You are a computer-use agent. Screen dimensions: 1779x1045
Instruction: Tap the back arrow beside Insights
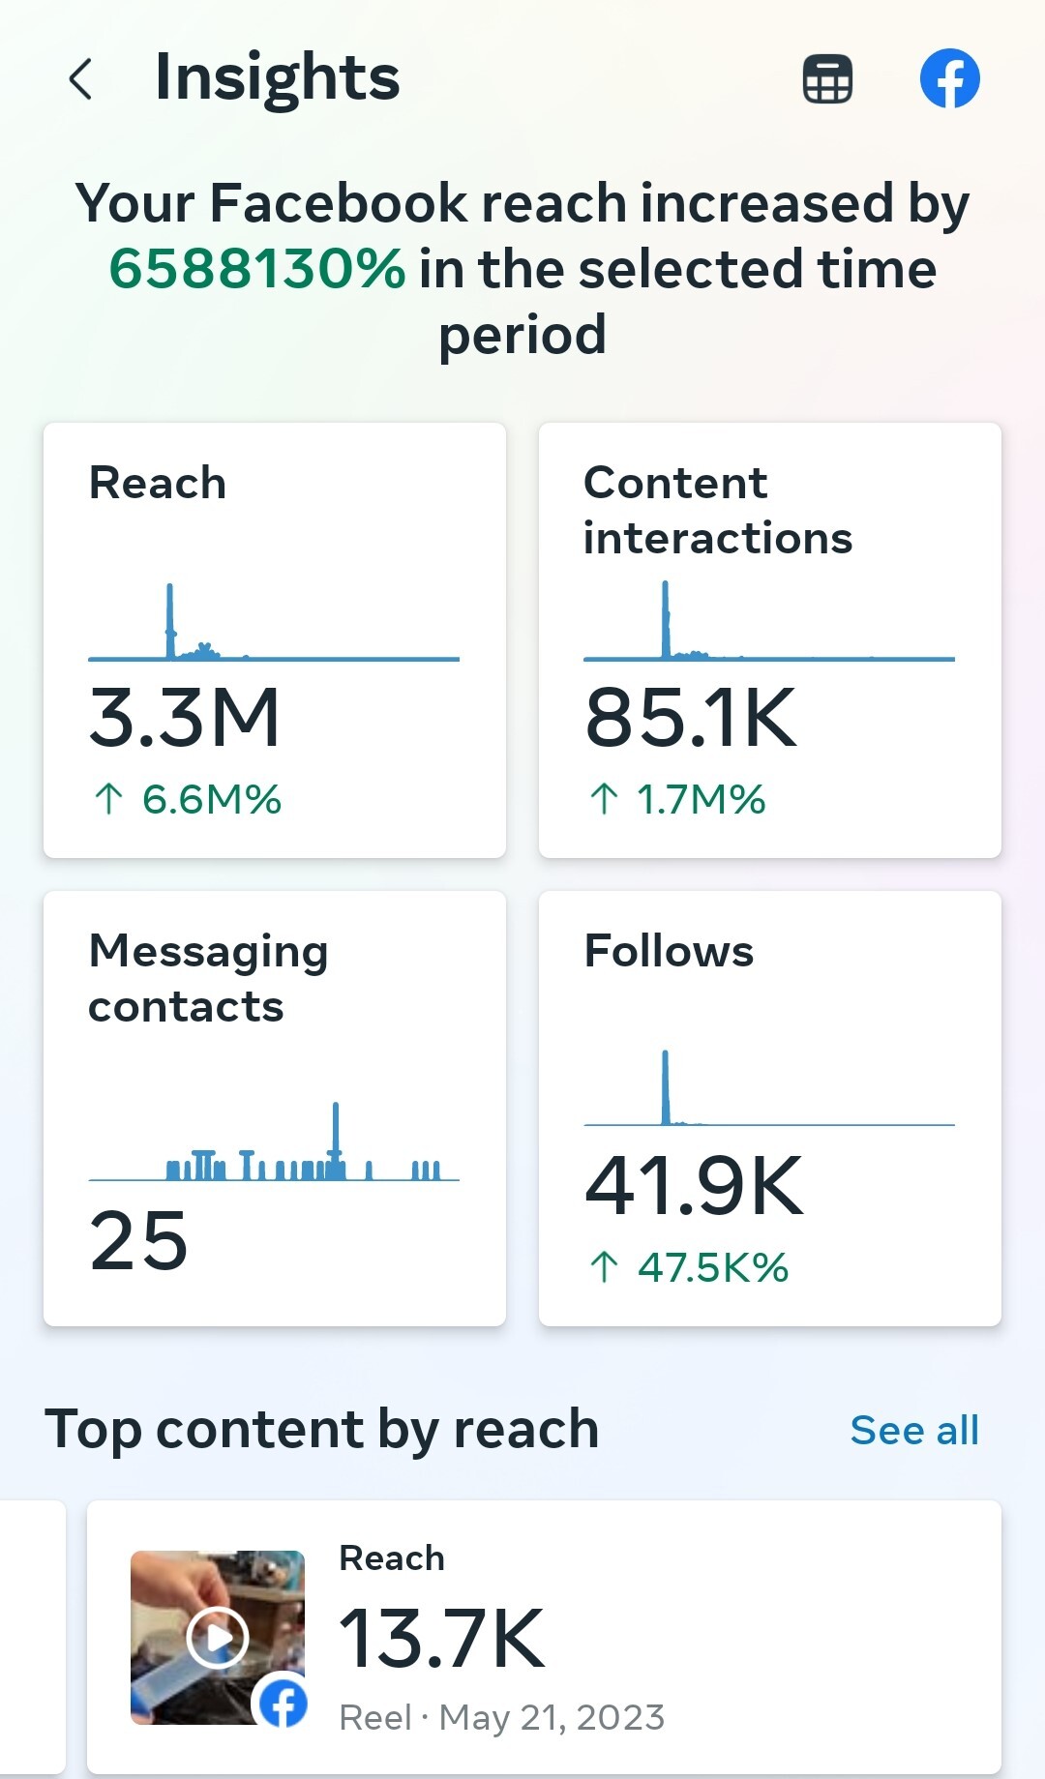coord(81,79)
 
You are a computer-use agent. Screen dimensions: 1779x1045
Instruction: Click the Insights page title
coord(277,77)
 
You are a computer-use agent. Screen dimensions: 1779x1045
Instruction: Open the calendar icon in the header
coord(827,78)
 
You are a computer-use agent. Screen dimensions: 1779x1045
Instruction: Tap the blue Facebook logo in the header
coord(949,78)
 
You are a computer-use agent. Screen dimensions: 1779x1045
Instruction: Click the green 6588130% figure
coord(256,269)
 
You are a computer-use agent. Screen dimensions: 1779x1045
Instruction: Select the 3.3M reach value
coord(184,718)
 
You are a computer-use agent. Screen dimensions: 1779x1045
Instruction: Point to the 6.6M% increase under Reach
coord(211,800)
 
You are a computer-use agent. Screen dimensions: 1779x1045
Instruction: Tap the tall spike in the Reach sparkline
coord(170,619)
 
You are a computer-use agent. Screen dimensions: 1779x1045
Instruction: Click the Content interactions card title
coord(717,510)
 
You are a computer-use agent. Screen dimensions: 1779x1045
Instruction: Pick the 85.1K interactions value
coord(691,718)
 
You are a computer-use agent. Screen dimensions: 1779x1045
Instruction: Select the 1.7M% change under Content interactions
coord(701,800)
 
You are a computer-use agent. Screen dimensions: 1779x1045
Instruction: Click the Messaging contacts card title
coord(208,978)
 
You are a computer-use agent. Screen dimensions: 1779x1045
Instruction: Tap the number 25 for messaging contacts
coord(138,1241)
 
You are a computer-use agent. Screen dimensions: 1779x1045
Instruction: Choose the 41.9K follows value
coord(694,1186)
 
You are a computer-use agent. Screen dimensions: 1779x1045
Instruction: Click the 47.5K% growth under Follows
coord(712,1267)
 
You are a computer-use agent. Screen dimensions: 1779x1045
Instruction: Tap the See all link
coord(914,1431)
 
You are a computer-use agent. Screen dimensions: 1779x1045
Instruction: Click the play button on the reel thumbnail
coord(218,1638)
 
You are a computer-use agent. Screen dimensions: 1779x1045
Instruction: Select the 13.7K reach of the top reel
coord(441,1639)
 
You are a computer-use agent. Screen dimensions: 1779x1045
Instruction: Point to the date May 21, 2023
coord(552,1718)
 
